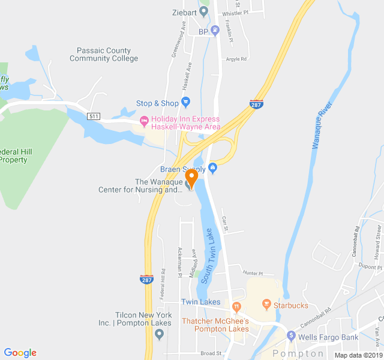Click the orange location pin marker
[191, 178]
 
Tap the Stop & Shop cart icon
[185, 103]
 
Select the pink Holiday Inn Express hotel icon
[144, 122]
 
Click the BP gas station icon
[215, 31]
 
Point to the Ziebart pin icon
[204, 12]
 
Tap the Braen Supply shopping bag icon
[212, 169]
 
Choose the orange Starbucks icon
[266, 305]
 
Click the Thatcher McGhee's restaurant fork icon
[237, 308]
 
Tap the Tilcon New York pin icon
[159, 334]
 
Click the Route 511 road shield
[94, 116]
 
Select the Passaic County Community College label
[104, 55]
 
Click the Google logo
[20, 353]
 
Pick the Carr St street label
[226, 224]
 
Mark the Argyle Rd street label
[236, 59]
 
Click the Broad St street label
[211, 353]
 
